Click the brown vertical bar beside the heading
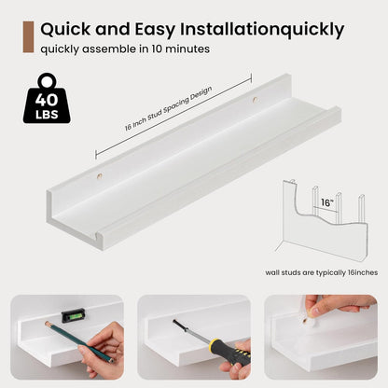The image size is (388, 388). (28, 37)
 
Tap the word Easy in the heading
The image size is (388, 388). (156, 30)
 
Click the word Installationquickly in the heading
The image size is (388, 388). (262, 30)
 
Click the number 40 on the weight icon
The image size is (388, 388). (47, 100)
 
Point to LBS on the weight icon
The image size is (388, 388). (47, 115)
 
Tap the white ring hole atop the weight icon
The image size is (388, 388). (48, 82)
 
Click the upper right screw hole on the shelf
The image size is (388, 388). (256, 100)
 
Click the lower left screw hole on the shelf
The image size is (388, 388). (99, 176)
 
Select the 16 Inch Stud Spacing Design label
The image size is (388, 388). (169, 108)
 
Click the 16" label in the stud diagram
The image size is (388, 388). (326, 202)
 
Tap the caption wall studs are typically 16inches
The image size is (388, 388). (322, 272)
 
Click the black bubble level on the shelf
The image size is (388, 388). (73, 315)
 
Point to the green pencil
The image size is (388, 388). (79, 342)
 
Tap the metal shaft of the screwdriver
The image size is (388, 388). (192, 331)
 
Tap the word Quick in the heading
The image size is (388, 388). (66, 30)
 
